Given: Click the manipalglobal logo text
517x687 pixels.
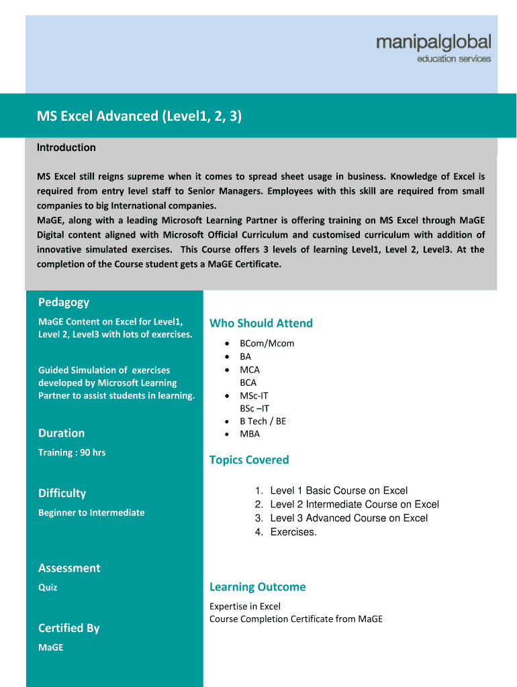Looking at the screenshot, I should coord(433,42).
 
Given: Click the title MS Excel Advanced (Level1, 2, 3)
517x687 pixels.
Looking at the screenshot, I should coord(139,116).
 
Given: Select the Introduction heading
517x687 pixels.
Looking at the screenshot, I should coord(66,148).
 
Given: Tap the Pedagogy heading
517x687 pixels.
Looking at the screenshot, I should coord(64,302).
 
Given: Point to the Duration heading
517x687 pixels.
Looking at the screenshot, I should coord(61,433).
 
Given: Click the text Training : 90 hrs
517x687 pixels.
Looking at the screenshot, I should coord(72,453).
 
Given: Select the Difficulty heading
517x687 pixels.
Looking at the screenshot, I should coord(62,493).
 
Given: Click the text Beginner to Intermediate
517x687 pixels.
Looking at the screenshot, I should coord(91,513).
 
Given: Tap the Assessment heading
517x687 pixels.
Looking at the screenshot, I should coord(69,568).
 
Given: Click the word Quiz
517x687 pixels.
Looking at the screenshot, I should coord(48,588).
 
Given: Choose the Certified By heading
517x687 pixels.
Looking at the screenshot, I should coord(68,628).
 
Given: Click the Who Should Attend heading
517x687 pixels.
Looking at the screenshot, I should coord(261,323).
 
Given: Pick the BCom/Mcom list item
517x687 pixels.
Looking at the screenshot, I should coord(267,343).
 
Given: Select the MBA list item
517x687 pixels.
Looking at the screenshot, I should coord(250,434).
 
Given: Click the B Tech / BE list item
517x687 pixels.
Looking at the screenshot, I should coord(263,421).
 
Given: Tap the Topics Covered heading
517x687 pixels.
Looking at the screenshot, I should coord(249,460).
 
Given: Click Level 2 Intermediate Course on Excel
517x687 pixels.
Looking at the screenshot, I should coord(355,505).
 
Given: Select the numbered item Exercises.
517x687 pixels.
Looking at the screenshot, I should coord(293,532).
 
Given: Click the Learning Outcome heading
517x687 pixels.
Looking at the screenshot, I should coord(257,587).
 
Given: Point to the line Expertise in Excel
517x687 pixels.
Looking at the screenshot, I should coord(245,606).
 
